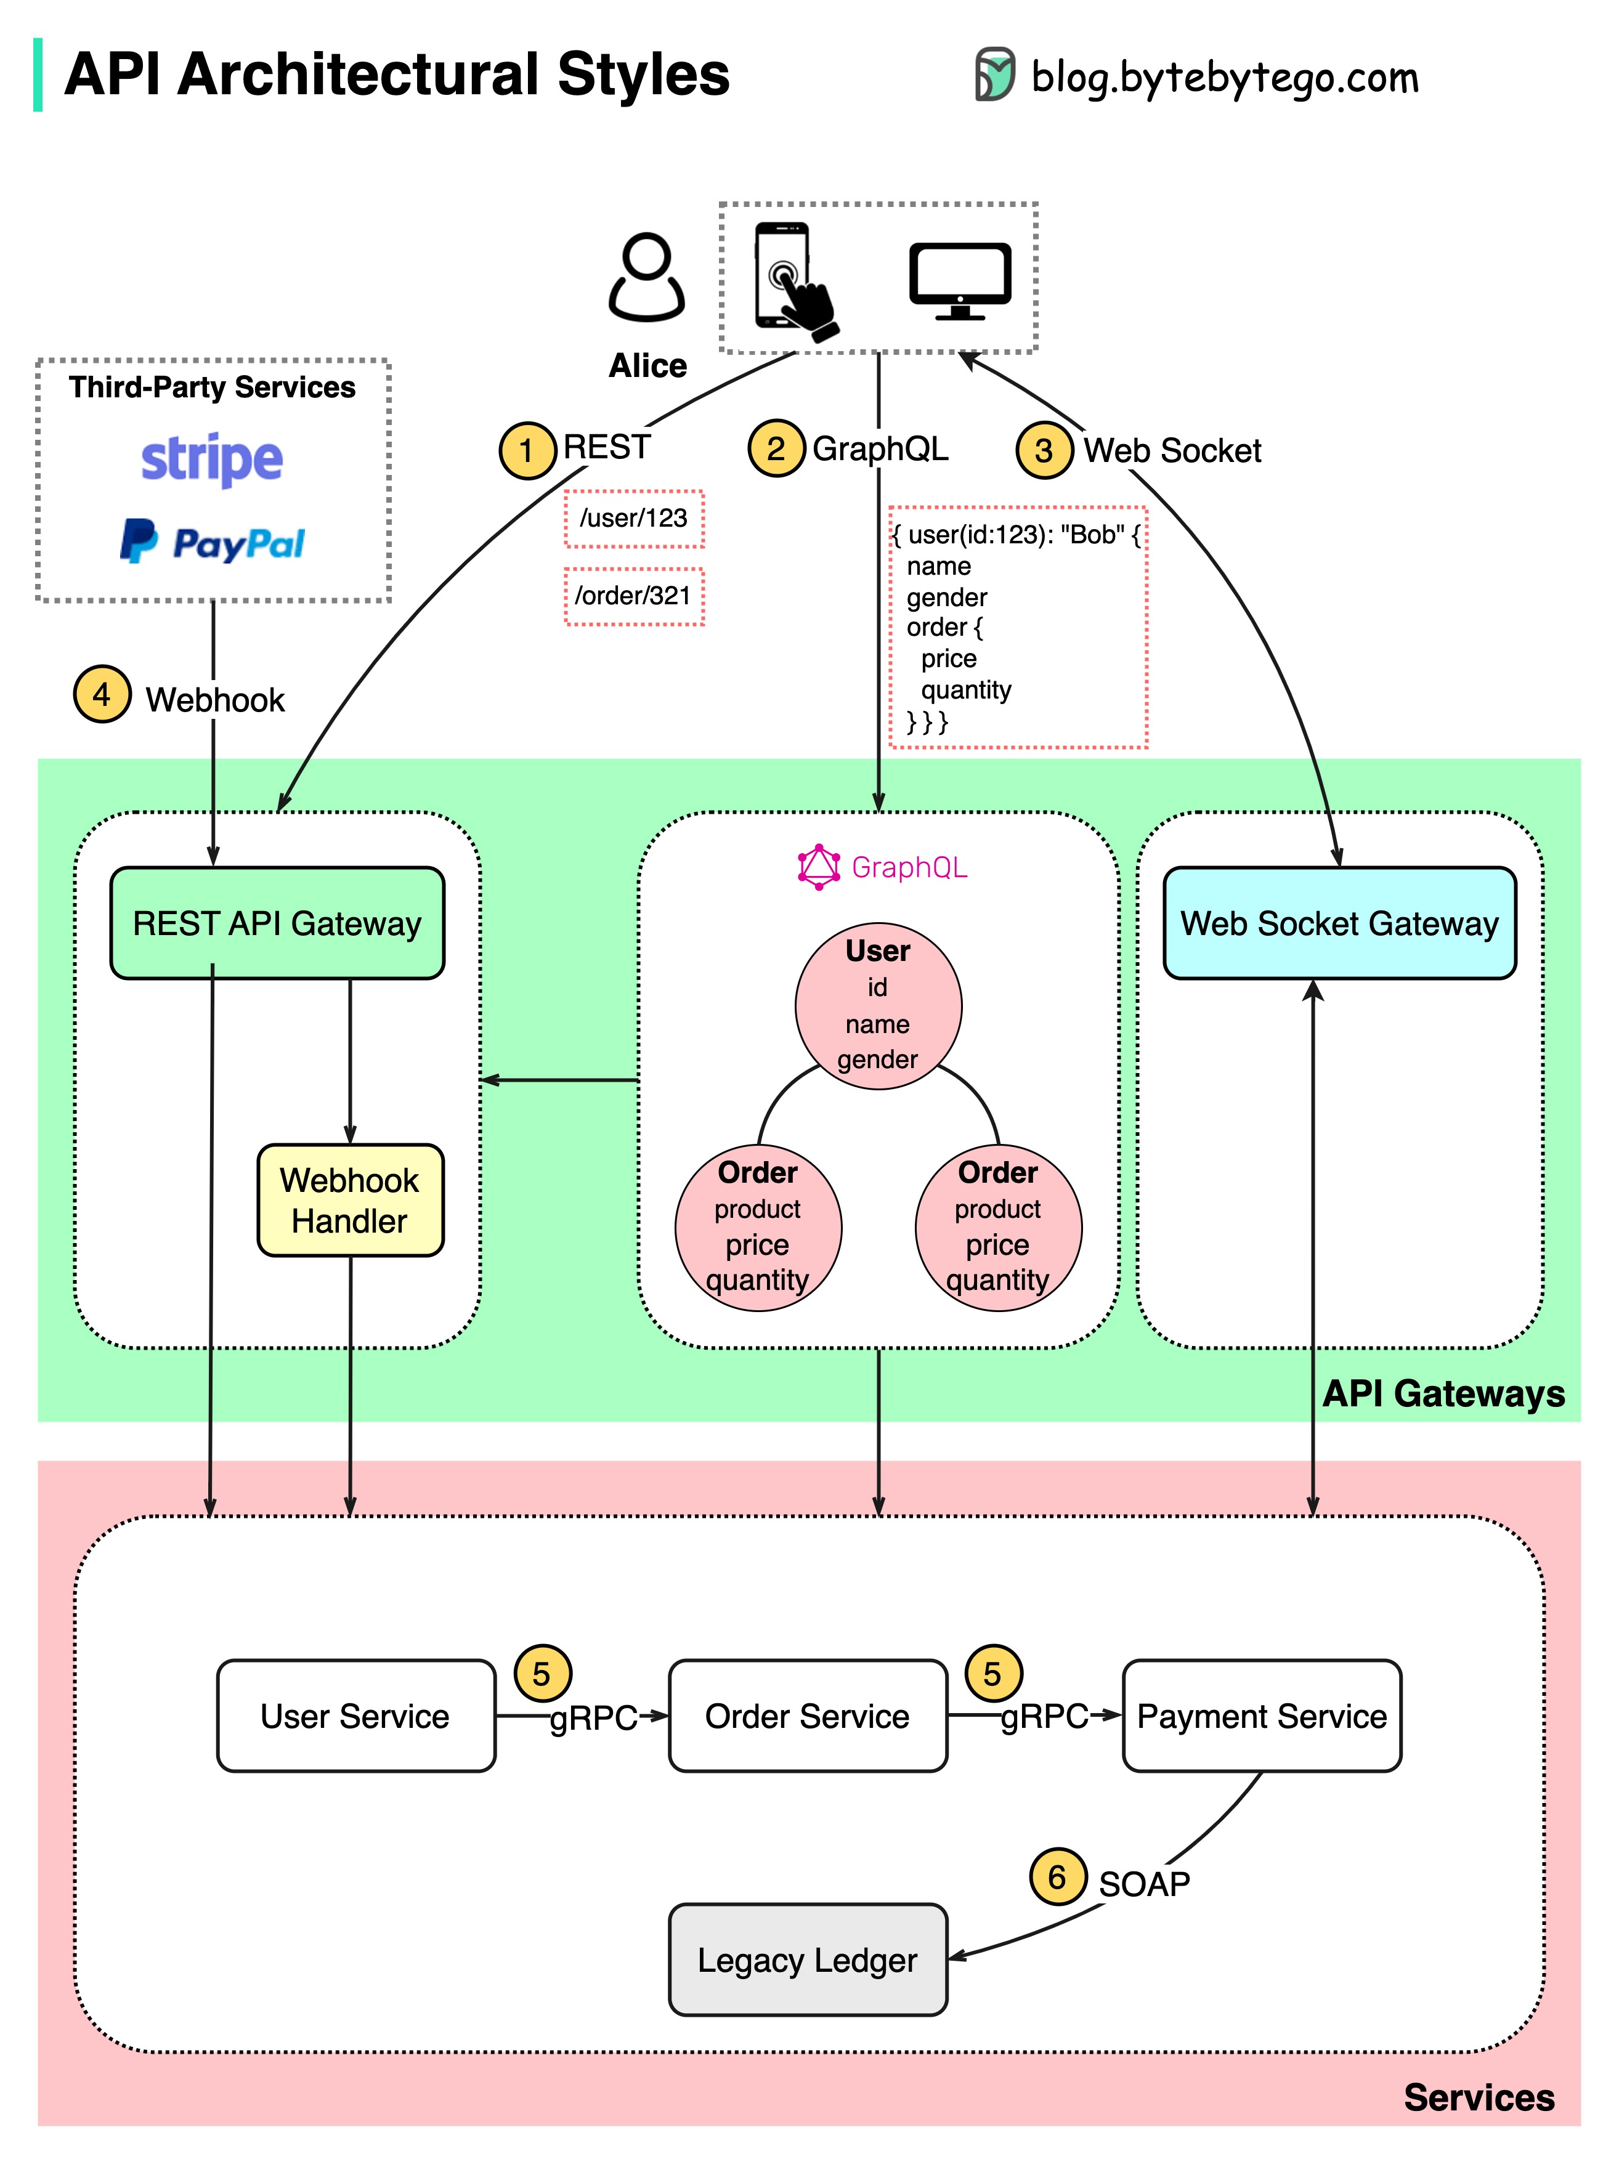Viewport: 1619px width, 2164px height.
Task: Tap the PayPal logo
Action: pos(213,542)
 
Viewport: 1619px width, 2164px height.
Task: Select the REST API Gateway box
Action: pos(277,923)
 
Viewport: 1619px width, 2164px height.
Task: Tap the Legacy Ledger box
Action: pos(807,1959)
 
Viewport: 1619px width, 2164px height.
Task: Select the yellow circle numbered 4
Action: pos(102,695)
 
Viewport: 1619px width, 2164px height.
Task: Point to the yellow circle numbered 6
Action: pos(1058,1876)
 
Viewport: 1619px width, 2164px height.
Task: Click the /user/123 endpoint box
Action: pos(634,519)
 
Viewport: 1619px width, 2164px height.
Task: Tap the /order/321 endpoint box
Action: pos(634,596)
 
